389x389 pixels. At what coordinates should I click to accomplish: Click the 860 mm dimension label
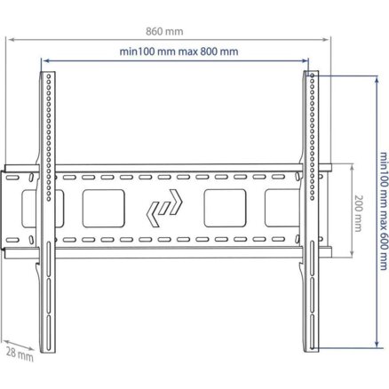(164, 31)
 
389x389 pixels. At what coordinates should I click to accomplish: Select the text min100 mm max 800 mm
(179, 52)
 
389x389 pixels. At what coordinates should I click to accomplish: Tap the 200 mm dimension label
(358, 213)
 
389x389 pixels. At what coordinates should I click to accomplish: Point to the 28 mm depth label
(20, 354)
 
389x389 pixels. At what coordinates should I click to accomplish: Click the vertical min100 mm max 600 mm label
(384, 210)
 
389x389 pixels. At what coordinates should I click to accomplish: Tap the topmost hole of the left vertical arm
(49, 75)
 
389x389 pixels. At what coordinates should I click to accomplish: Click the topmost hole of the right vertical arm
(312, 75)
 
